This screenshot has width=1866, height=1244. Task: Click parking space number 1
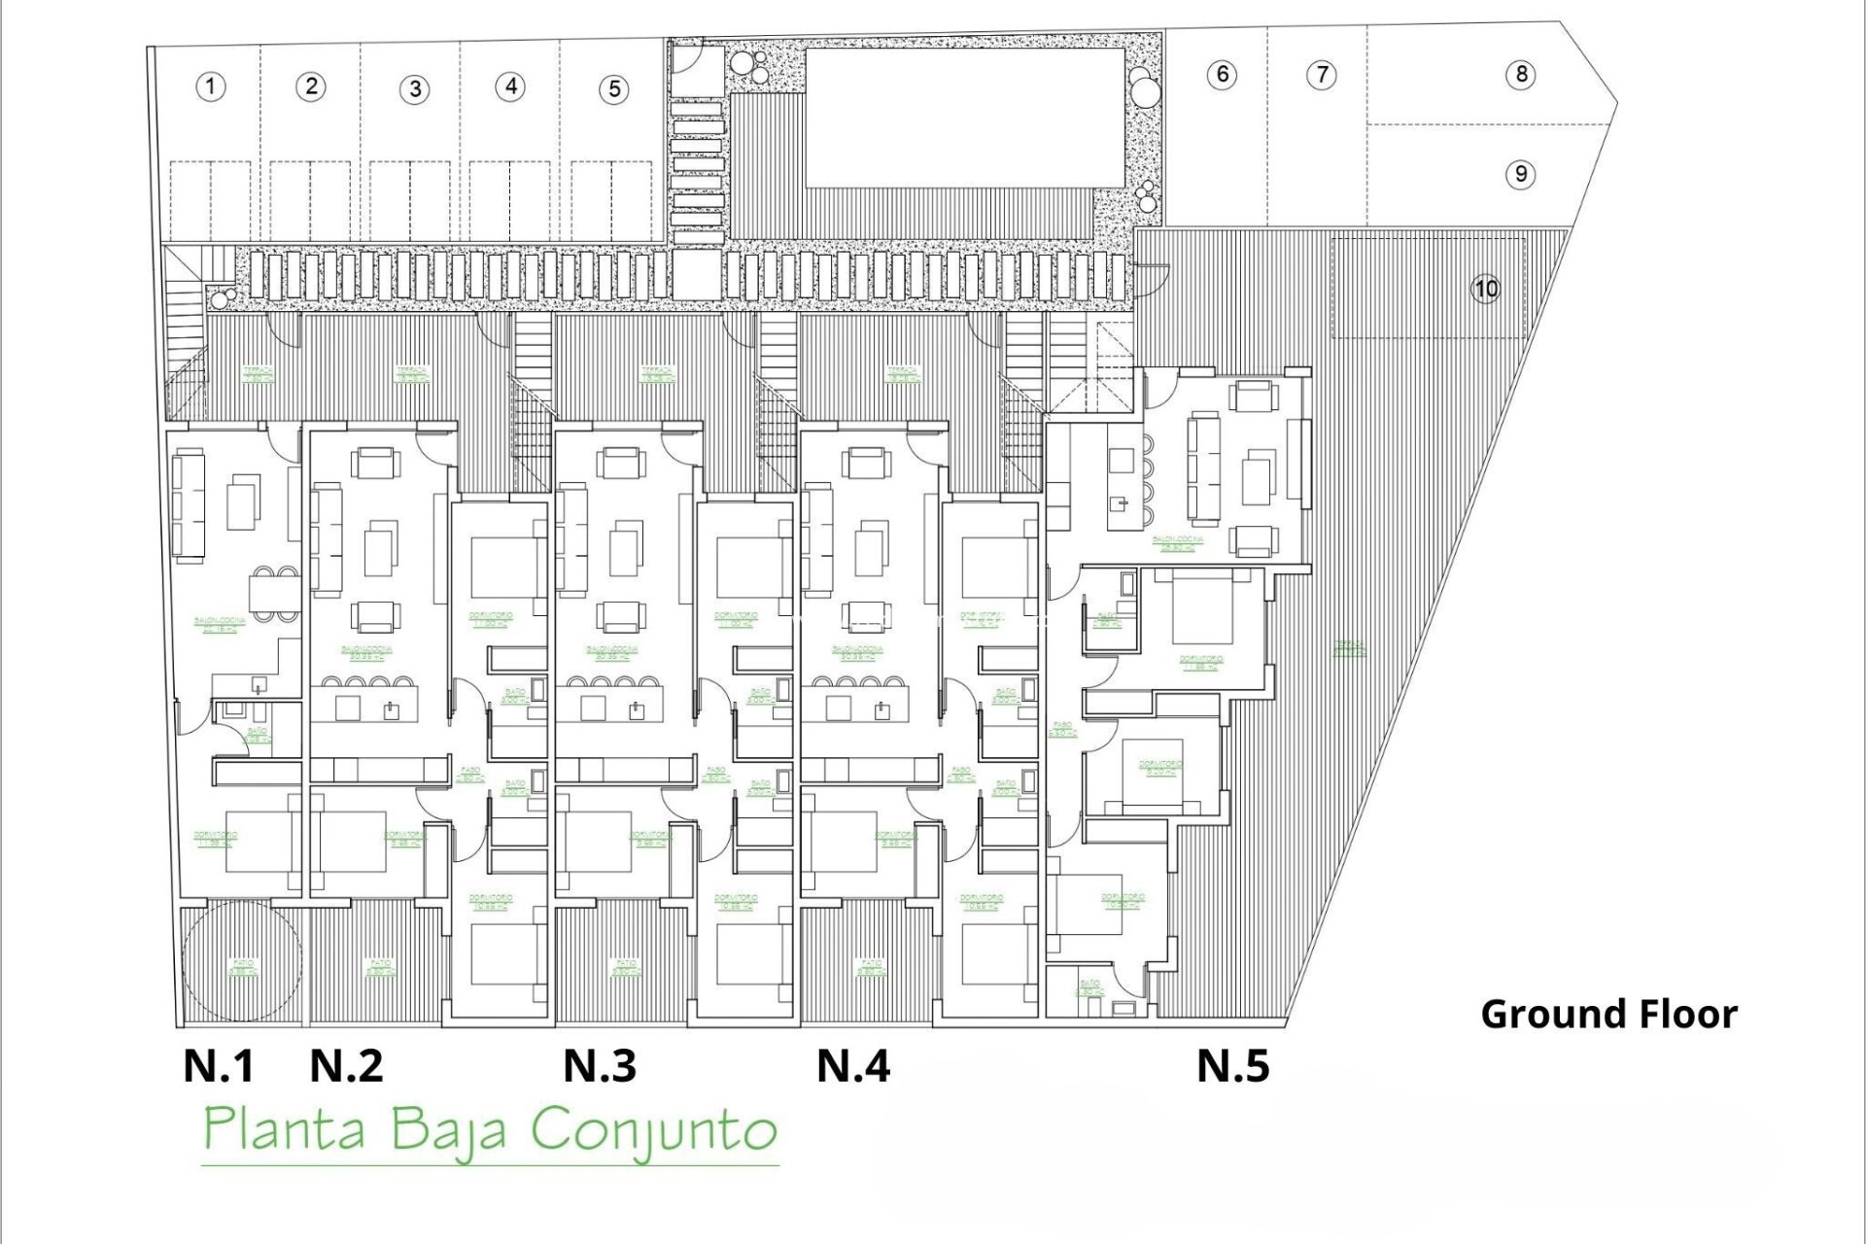pos(210,86)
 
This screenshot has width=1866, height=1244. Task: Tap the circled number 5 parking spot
pos(614,89)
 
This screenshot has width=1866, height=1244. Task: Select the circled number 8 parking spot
pos(1521,74)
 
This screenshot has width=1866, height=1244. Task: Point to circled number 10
pos(1486,289)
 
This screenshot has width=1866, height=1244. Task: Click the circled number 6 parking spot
pos(1223,74)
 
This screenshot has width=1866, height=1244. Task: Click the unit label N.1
pos(219,1065)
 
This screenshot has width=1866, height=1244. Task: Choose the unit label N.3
pos(600,1065)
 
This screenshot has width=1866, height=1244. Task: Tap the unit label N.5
pos(1232,1065)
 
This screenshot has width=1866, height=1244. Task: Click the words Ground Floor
pos(1608,1015)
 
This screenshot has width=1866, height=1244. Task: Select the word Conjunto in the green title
pos(654,1130)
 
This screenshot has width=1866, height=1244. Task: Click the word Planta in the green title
pos(285,1130)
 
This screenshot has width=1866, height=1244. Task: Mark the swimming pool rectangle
pos(965,118)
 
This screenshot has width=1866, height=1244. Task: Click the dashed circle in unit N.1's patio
pos(242,960)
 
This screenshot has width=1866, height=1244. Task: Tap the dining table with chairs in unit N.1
pos(273,592)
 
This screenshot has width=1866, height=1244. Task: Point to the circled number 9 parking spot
pos(1521,175)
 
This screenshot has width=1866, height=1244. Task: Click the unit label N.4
pos(853,1065)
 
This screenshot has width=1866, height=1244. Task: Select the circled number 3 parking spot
pos(415,89)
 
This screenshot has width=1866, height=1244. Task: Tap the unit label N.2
pos(346,1065)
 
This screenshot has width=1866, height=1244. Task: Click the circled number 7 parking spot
pos(1322,74)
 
